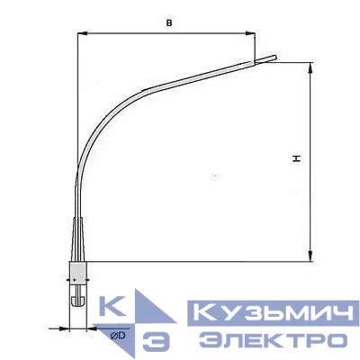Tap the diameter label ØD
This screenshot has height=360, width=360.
118,336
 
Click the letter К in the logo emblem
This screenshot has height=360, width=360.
114,309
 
